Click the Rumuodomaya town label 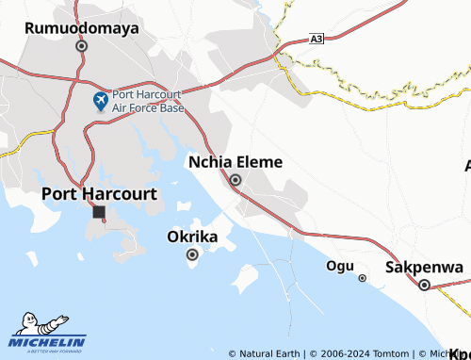81,28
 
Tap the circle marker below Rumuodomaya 82,45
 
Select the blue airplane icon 101,100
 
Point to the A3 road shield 317,40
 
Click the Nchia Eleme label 235,162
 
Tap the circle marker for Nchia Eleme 235,180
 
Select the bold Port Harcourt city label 99,193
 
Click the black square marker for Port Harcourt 99,213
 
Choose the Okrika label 192,237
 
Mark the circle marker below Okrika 192,254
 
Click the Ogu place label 339,266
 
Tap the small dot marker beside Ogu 362,278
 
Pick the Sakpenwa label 424,268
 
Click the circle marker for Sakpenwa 424,286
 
